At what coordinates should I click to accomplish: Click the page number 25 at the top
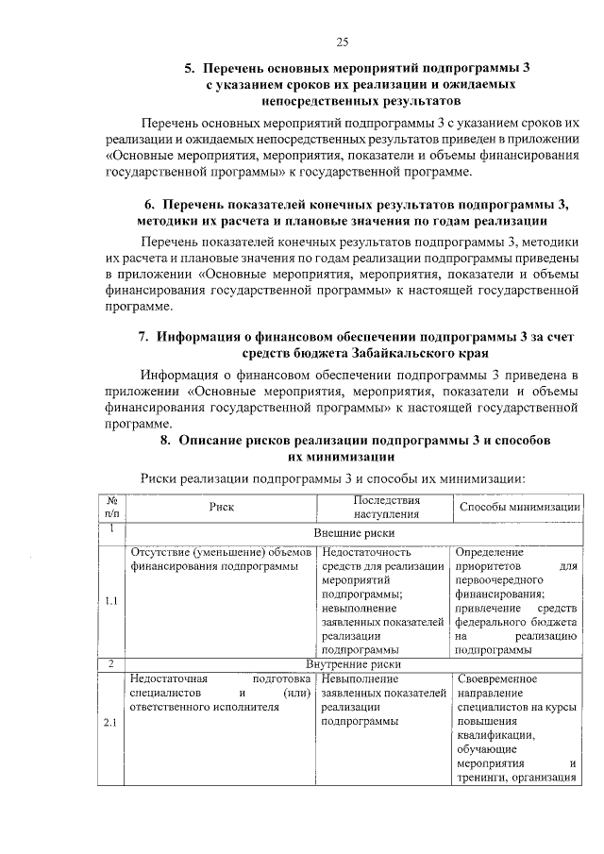pos(342,40)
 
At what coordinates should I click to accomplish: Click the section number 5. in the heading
pos(189,69)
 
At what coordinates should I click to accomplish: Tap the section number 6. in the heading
pos(149,205)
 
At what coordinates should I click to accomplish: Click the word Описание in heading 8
pos(219,441)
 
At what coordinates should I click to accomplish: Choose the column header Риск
pos(221,507)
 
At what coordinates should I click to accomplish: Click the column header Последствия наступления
pos(385,507)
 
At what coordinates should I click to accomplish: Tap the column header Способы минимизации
pos(518,507)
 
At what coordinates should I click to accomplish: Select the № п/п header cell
pos(110,507)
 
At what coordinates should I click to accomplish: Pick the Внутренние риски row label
pos(354,664)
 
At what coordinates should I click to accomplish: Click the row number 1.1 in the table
pos(110,600)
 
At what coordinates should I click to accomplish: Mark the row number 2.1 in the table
pos(110,723)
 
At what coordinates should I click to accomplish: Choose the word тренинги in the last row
pos(481,778)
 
